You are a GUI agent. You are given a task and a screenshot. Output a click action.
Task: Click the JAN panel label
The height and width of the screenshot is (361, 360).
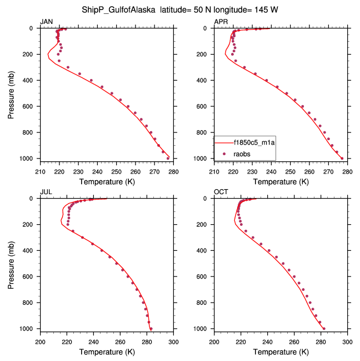pos(47,21)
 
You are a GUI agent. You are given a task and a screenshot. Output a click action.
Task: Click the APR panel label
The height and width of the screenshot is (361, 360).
pos(221,21)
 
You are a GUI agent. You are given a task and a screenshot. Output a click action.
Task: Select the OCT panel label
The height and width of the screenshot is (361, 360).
pos(221,192)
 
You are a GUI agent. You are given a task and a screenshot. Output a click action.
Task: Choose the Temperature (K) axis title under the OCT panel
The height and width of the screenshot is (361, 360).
pos(281,352)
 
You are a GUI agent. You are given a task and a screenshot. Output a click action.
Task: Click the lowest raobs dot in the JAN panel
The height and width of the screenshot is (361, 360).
pos(168,159)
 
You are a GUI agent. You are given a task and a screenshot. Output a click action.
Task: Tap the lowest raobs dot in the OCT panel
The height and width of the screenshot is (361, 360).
pos(324,328)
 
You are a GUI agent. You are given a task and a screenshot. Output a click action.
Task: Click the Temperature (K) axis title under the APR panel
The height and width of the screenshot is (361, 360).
pos(281,182)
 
